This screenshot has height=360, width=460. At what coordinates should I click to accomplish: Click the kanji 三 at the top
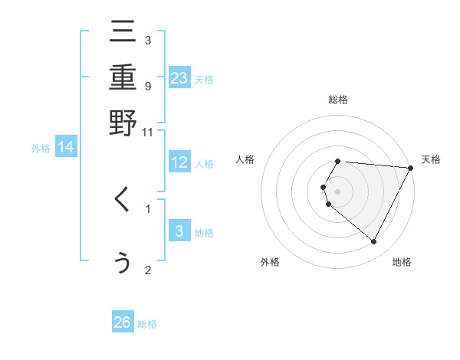click(x=123, y=33)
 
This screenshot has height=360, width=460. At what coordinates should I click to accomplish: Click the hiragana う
click(x=123, y=263)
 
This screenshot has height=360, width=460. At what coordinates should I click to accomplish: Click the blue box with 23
click(x=179, y=78)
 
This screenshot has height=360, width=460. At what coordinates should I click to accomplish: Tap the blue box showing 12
click(x=179, y=163)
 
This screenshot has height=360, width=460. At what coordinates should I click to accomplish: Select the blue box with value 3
click(x=179, y=232)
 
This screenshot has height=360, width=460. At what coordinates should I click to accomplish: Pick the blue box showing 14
click(x=66, y=148)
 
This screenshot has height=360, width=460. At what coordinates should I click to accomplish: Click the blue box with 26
click(x=123, y=322)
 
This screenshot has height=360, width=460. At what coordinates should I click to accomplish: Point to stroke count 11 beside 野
click(x=148, y=132)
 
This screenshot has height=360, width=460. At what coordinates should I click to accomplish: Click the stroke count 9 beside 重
click(x=148, y=86)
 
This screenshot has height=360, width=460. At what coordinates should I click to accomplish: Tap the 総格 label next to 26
click(x=147, y=324)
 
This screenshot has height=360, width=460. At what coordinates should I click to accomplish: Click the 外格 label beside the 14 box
click(x=41, y=149)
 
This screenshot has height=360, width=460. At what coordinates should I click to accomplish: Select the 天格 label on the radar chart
click(x=431, y=159)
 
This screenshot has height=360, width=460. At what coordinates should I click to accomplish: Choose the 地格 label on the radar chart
click(x=402, y=262)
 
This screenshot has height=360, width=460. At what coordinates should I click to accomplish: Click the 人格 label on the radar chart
click(x=245, y=159)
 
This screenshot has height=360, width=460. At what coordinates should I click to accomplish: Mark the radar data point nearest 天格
click(x=411, y=168)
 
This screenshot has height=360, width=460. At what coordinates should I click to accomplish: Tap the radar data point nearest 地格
click(x=374, y=242)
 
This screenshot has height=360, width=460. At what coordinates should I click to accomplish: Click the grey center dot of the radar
click(x=338, y=191)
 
